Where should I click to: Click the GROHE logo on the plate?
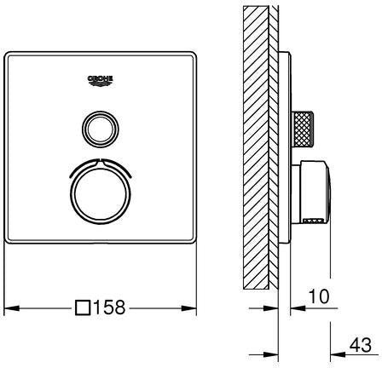coord(100,81)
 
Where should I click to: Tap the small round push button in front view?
coord(101,129)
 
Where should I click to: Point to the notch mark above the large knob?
coord(101,164)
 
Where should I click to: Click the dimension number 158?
coord(109,307)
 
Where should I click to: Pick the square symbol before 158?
coord(83,308)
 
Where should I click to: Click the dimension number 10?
coord(319,296)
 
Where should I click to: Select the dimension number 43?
coord(361,345)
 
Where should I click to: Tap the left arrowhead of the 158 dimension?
coord(12,308)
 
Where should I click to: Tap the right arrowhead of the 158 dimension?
coord(189,308)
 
